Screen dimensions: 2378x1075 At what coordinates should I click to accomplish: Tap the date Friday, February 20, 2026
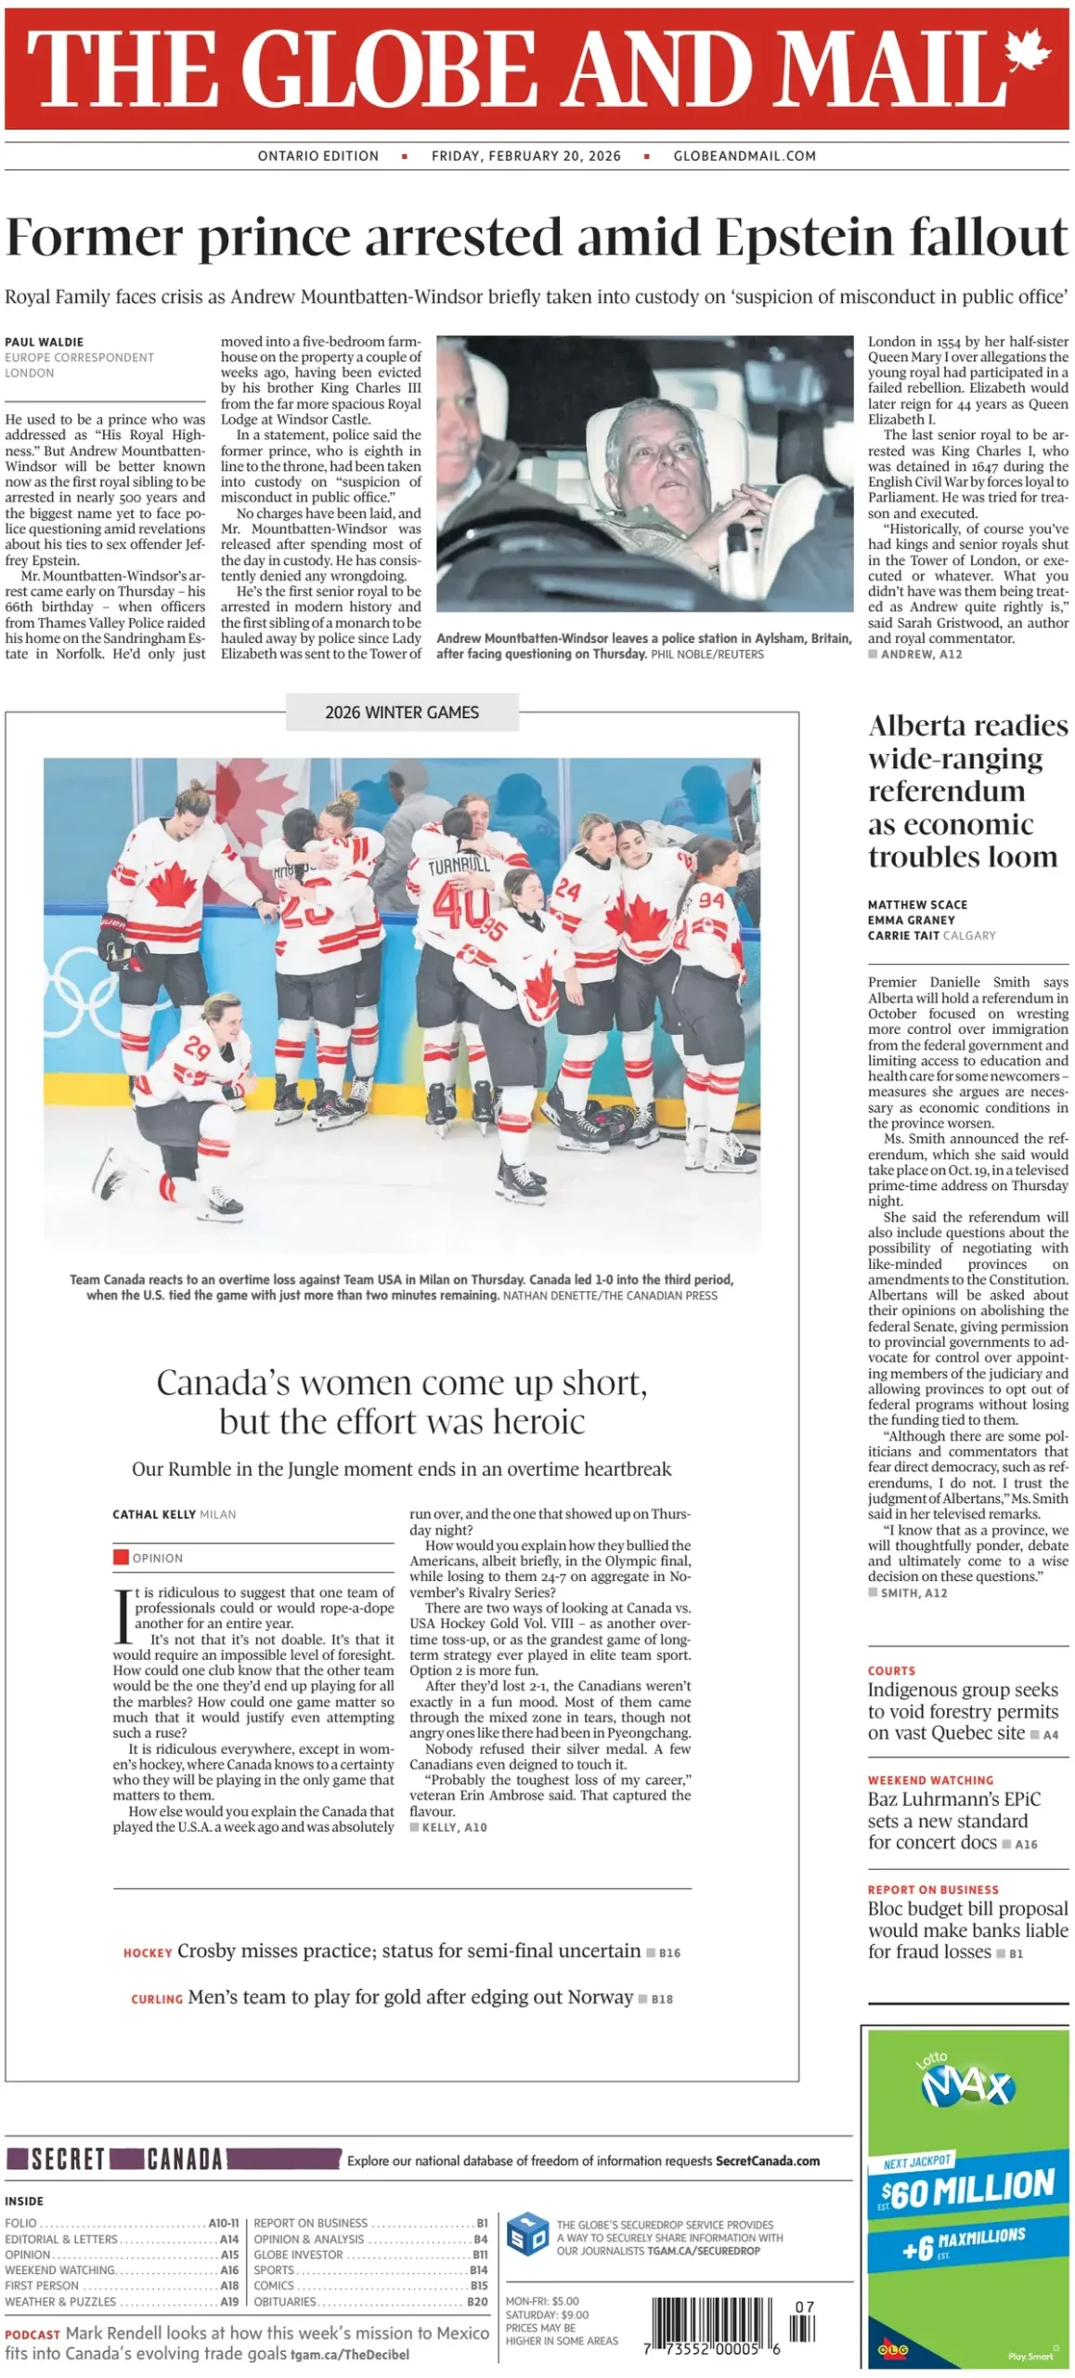(x=525, y=156)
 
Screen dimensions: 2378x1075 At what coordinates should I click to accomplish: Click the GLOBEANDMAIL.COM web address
(x=745, y=156)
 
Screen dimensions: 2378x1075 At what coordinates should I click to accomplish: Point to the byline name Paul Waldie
(x=44, y=342)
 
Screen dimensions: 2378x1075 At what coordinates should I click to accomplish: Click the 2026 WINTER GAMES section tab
(x=402, y=712)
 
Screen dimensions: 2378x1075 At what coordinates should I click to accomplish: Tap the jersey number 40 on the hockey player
(x=459, y=905)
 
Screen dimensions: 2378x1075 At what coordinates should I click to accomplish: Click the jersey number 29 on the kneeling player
(x=197, y=1049)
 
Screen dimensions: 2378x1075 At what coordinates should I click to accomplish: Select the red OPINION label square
(x=121, y=1557)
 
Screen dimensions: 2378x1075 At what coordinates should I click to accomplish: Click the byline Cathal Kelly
(x=154, y=1514)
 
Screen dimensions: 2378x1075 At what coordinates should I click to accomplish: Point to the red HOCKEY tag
(x=148, y=1953)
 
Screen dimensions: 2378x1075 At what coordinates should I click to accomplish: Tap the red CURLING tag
(x=156, y=1999)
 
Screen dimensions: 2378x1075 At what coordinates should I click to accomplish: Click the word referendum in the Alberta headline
(x=946, y=791)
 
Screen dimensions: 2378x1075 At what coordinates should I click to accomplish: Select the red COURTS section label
(x=891, y=1670)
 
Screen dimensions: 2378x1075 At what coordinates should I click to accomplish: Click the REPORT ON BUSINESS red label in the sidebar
(x=933, y=1889)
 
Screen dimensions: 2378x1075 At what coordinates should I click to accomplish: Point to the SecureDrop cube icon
(x=527, y=2235)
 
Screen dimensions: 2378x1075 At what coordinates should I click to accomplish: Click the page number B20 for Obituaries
(x=477, y=2301)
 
